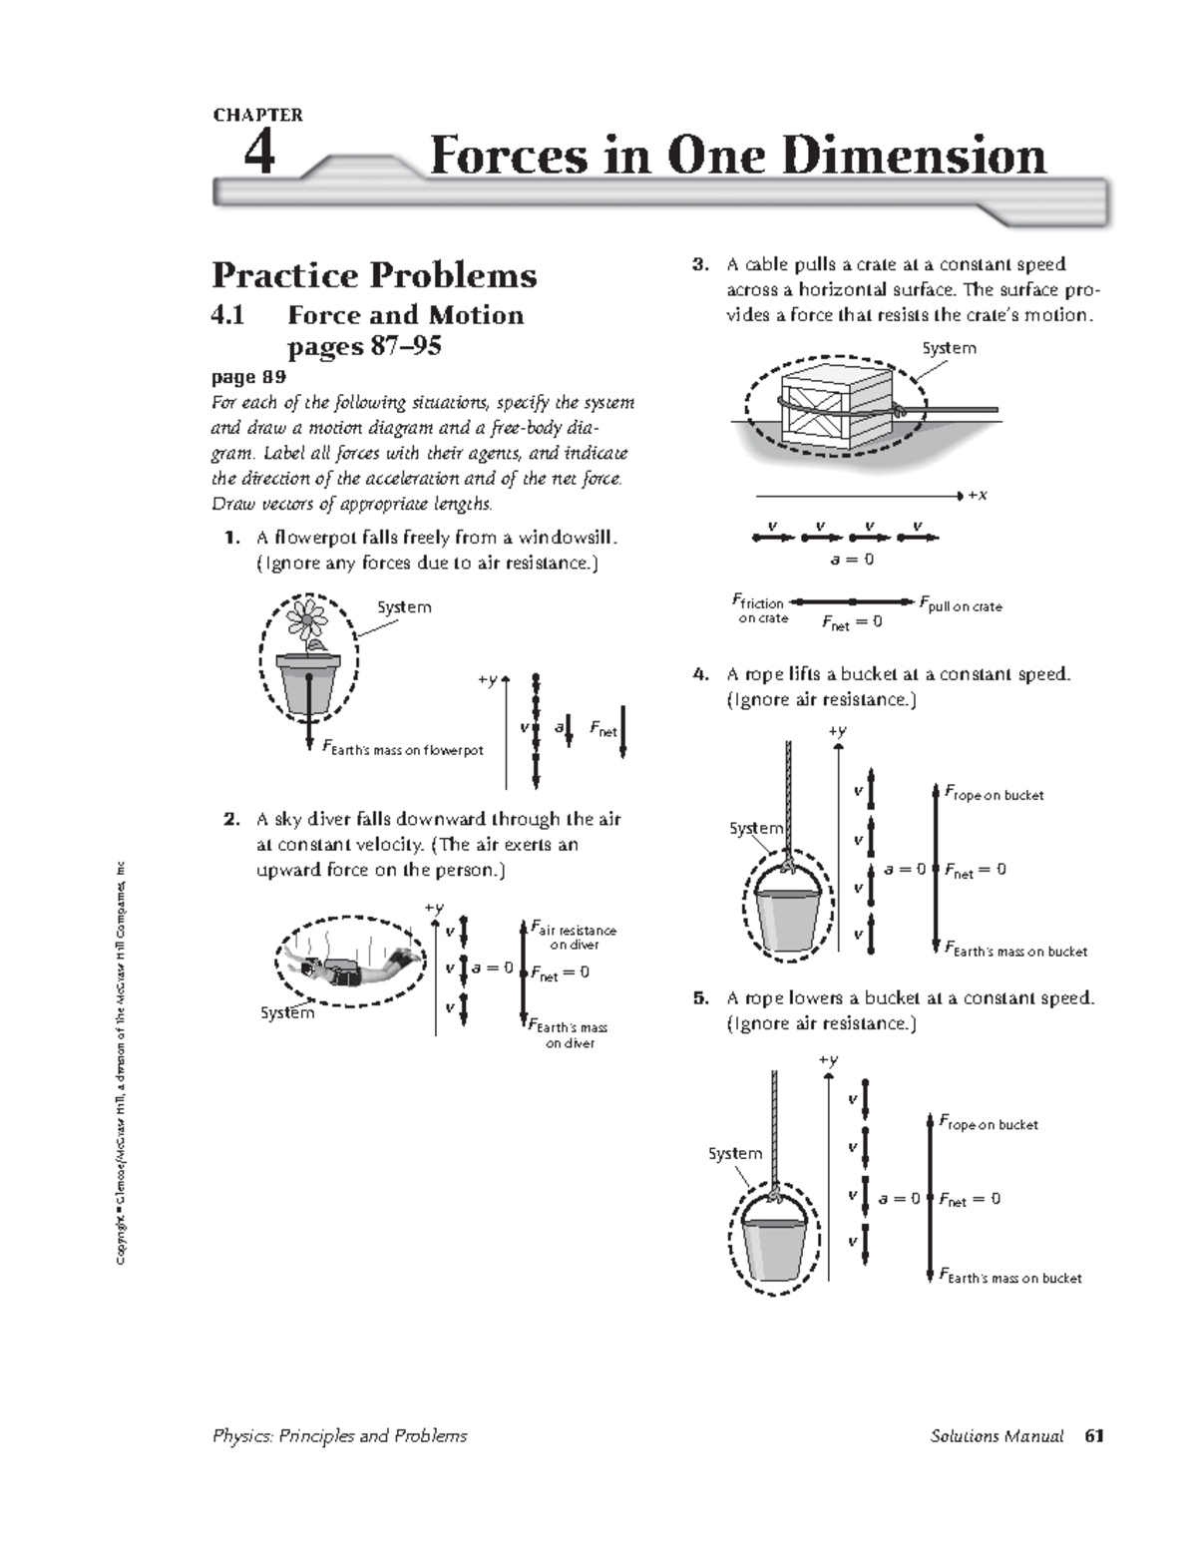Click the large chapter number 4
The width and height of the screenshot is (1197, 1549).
click(258, 155)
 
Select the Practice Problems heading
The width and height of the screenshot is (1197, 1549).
click(374, 275)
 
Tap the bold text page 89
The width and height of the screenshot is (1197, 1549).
click(248, 377)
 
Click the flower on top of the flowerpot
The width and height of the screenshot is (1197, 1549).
click(307, 621)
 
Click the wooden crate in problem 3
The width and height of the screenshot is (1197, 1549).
click(833, 406)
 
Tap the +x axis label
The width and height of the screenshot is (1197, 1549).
click(977, 495)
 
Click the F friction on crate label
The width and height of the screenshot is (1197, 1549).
click(761, 609)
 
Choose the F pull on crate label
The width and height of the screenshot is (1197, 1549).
click(960, 606)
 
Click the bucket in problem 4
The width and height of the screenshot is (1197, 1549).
click(788, 911)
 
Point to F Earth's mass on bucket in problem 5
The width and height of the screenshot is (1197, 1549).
click(1010, 1277)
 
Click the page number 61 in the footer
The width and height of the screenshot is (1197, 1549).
click(1095, 1436)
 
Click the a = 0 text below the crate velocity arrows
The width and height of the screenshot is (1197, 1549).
click(852, 560)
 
